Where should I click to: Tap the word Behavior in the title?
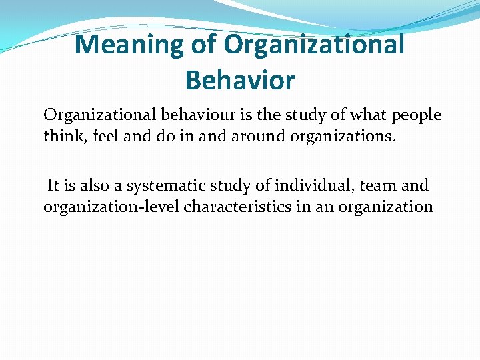click(x=239, y=80)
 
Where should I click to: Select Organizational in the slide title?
click(x=314, y=45)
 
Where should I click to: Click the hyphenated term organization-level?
click(x=111, y=207)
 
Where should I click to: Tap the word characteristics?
click(x=238, y=206)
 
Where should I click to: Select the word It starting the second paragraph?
click(x=53, y=185)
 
